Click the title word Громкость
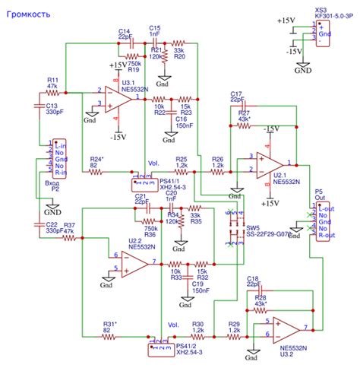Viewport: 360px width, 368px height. pyautogui.click(x=30, y=12)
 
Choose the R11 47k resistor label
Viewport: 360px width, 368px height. pyautogui.click(x=52, y=83)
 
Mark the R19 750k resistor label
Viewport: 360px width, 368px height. pyautogui.click(x=132, y=67)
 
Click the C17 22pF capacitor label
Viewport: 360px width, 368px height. pyautogui.click(x=235, y=97)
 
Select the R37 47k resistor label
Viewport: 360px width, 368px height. pyautogui.click(x=68, y=227)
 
